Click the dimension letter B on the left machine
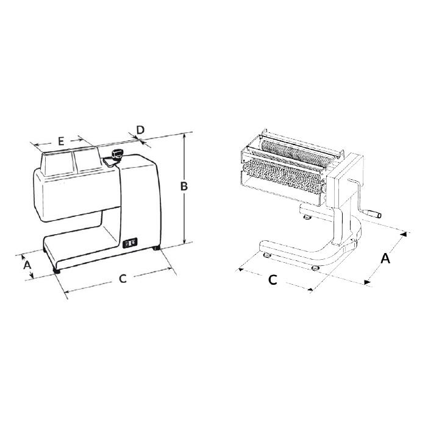pyautogui.click(x=184, y=186)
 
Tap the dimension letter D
pyautogui.click(x=140, y=130)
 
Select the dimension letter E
pyautogui.click(x=61, y=141)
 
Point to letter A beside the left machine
pyautogui.click(x=27, y=265)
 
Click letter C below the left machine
pyautogui.click(x=123, y=279)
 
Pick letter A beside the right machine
pyautogui.click(x=385, y=259)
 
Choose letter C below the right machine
pyautogui.click(x=273, y=280)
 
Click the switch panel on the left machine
pyautogui.click(x=130, y=243)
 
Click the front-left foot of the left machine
pyautogui.click(x=57, y=271)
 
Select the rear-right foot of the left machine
pyautogui.click(x=157, y=248)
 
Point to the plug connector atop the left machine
pyautogui.click(x=117, y=153)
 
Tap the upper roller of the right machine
pyautogui.click(x=295, y=151)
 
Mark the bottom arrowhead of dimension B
pyautogui.click(x=185, y=240)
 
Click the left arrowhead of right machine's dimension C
pyautogui.click(x=241, y=269)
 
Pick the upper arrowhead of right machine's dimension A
pyautogui.click(x=404, y=235)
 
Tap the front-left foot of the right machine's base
pyautogui.click(x=266, y=255)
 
